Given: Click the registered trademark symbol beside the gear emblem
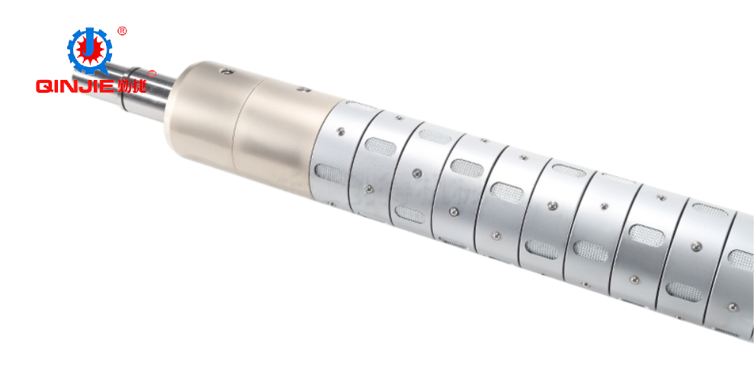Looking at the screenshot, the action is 122,31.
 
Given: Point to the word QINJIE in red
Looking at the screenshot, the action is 75,86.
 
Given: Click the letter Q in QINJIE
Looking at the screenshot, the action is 43,86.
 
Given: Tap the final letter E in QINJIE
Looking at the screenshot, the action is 107,86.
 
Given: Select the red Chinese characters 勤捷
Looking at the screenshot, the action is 131,86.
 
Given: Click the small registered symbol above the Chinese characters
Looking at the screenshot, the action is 152,73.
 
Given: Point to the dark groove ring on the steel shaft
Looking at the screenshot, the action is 124,95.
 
